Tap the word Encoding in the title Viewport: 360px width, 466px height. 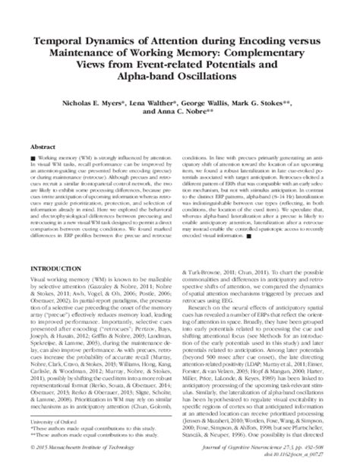260,41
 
